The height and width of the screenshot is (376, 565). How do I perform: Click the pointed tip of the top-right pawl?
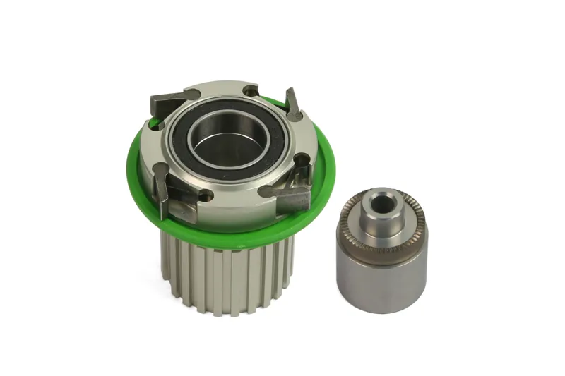[288, 90]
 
